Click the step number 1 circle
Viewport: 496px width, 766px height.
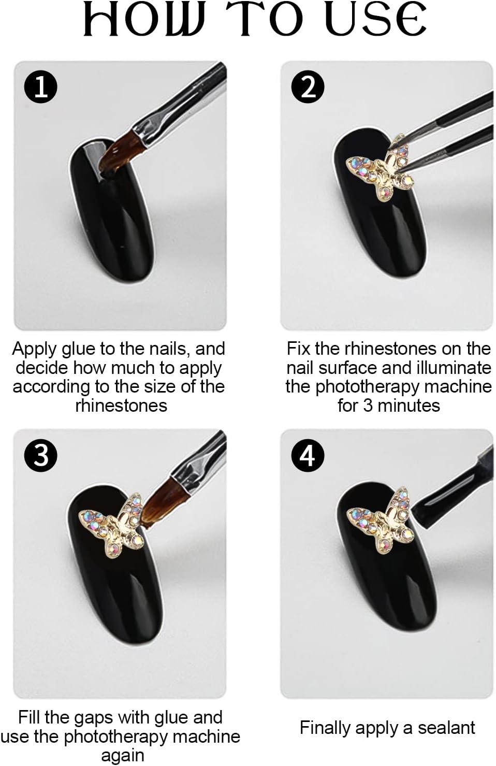[41, 86]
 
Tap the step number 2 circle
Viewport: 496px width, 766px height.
[308, 86]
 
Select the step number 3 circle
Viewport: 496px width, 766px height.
[41, 455]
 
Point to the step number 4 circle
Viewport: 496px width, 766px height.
[308, 455]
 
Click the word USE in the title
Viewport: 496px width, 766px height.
[375, 20]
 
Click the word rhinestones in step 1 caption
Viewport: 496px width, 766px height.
[121, 406]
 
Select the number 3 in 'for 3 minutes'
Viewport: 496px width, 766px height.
[367, 406]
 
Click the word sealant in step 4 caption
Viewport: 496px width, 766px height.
[446, 728]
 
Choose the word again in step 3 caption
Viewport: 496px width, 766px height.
[123, 756]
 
